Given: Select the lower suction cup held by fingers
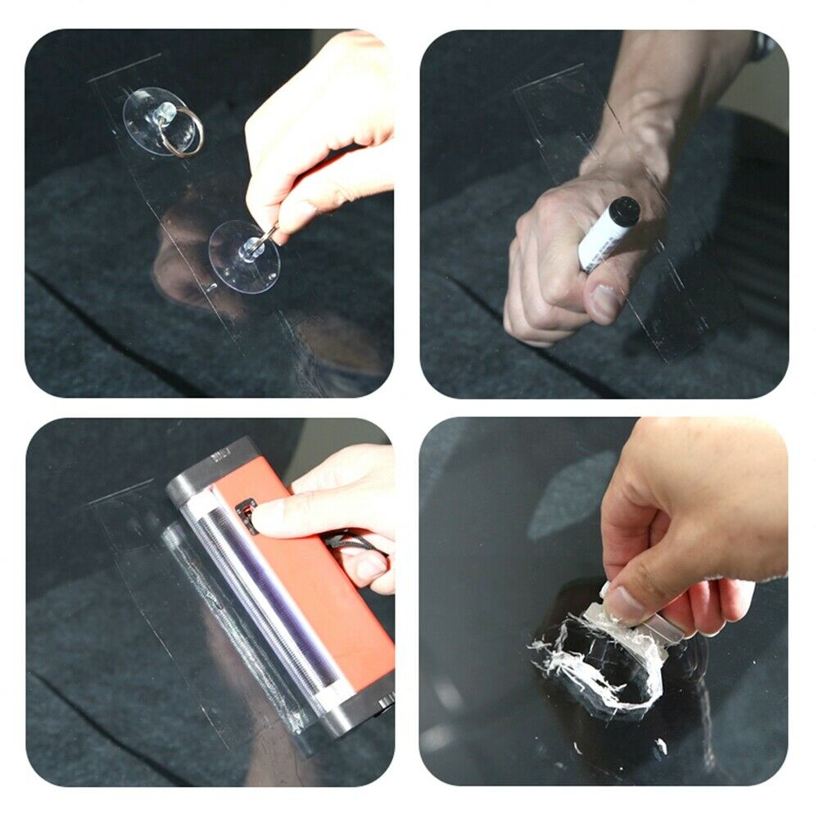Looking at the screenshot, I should (243, 257).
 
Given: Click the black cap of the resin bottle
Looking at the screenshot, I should (625, 211).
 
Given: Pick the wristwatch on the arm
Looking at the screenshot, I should (762, 47).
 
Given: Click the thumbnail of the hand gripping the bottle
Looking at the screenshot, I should (606, 302).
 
